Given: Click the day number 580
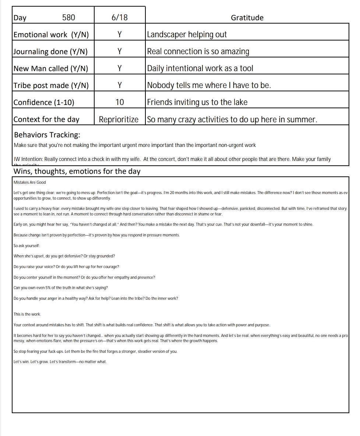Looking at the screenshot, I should click(68, 18).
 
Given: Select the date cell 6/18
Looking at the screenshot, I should click(120, 18).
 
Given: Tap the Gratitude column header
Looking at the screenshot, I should click(247, 18).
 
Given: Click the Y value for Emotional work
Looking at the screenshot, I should click(120, 35).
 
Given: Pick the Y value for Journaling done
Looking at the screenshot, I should click(120, 52).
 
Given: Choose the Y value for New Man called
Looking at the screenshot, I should click(120, 68).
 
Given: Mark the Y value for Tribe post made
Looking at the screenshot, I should click(120, 85).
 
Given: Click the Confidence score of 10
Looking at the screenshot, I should click(120, 102).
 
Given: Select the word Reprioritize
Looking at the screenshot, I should click(119, 119).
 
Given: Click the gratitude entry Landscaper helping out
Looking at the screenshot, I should click(187, 35).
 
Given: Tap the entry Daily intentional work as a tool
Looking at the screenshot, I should click(200, 68).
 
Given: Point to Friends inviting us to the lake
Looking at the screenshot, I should click(197, 102).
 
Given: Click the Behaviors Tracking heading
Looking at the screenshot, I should click(47, 135).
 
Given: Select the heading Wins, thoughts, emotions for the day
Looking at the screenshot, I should click(77, 172).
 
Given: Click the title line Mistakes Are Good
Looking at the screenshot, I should click(30, 182).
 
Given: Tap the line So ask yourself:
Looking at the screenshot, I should click(27, 246).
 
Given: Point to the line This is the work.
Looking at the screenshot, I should click(27, 314).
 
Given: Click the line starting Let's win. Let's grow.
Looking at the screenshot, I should click(60, 362).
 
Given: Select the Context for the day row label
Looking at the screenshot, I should click(46, 119).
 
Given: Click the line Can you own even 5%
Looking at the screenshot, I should click(61, 288).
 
